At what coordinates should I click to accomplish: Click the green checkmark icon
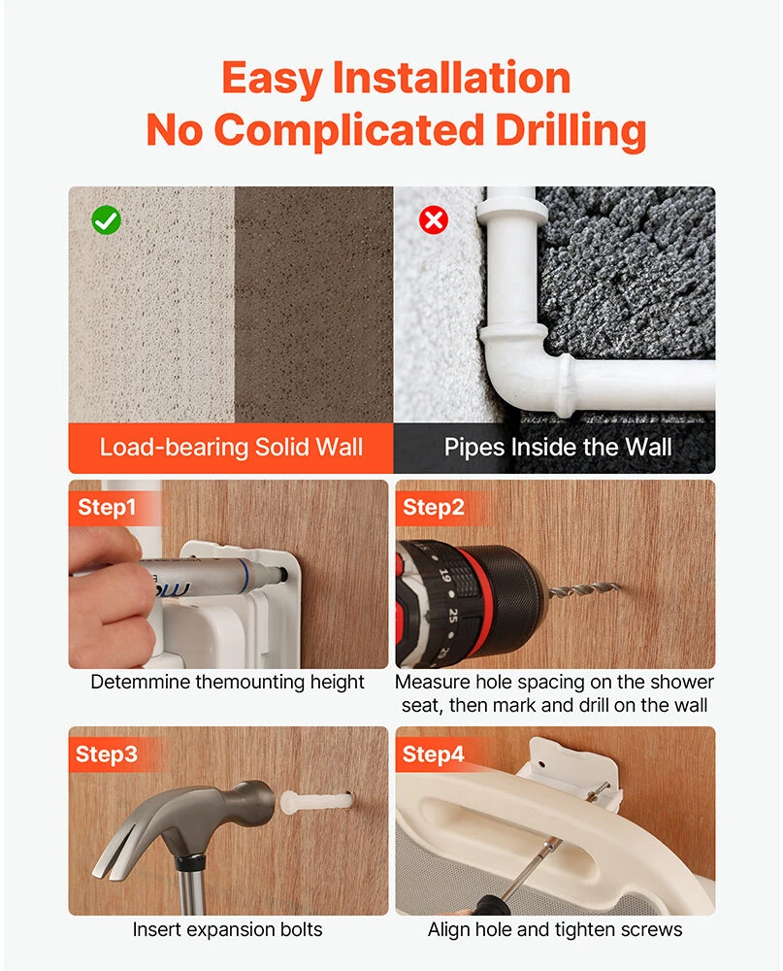(x=107, y=219)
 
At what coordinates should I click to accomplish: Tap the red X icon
(x=434, y=219)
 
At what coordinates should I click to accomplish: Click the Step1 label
(x=107, y=507)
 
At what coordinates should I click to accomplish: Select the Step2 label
(x=434, y=507)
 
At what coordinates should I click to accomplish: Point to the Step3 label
(x=106, y=754)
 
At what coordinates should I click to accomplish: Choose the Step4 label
(x=434, y=754)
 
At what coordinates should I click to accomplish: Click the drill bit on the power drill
(x=583, y=589)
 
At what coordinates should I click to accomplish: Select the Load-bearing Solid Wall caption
(x=231, y=447)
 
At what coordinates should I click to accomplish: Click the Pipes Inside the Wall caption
(x=558, y=447)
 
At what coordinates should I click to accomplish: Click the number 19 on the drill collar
(x=445, y=575)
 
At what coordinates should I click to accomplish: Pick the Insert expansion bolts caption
(x=227, y=929)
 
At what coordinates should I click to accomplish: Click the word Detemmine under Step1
(x=141, y=682)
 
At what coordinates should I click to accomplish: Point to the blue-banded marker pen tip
(x=280, y=574)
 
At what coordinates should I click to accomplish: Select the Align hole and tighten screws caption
(x=555, y=929)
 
